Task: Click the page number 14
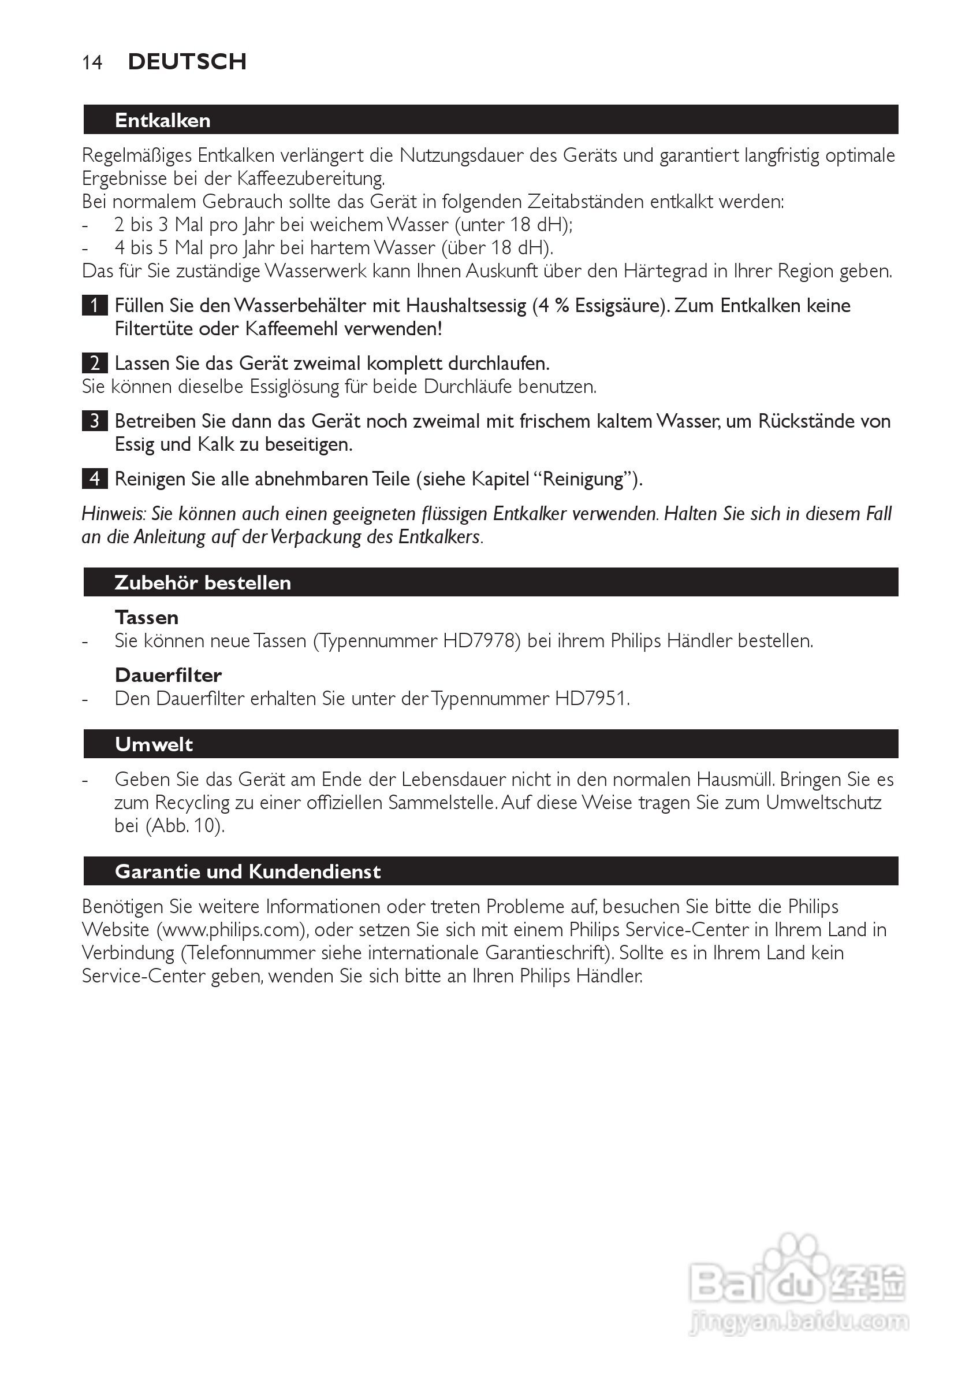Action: click(x=92, y=62)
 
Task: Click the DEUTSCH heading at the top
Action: click(x=187, y=62)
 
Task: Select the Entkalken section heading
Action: click(x=162, y=120)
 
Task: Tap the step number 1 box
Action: click(x=95, y=306)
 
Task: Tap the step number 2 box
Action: click(x=95, y=363)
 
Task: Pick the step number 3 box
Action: click(x=95, y=421)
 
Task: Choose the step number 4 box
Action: click(x=95, y=479)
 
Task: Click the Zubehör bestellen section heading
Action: click(x=203, y=583)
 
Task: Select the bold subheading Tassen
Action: click(x=147, y=617)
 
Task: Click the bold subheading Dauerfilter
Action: click(x=168, y=676)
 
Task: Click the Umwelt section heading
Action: click(x=154, y=744)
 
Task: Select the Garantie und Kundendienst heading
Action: click(x=247, y=871)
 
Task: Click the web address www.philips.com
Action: click(x=230, y=929)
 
